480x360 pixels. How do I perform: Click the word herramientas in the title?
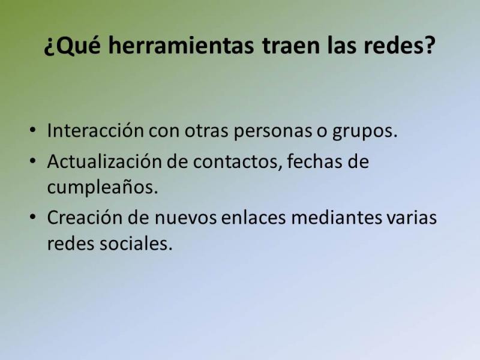[x=181, y=45]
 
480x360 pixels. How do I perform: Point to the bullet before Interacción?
[x=32, y=130]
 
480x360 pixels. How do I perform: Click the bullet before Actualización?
[x=32, y=161]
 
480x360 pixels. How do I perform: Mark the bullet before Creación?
[x=32, y=217]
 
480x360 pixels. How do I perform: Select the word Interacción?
[x=95, y=130]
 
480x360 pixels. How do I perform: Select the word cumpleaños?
[x=102, y=187]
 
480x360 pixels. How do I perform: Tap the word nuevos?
[x=185, y=218]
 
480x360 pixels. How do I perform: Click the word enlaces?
[x=253, y=217]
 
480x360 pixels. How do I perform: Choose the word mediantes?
[x=337, y=217]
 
